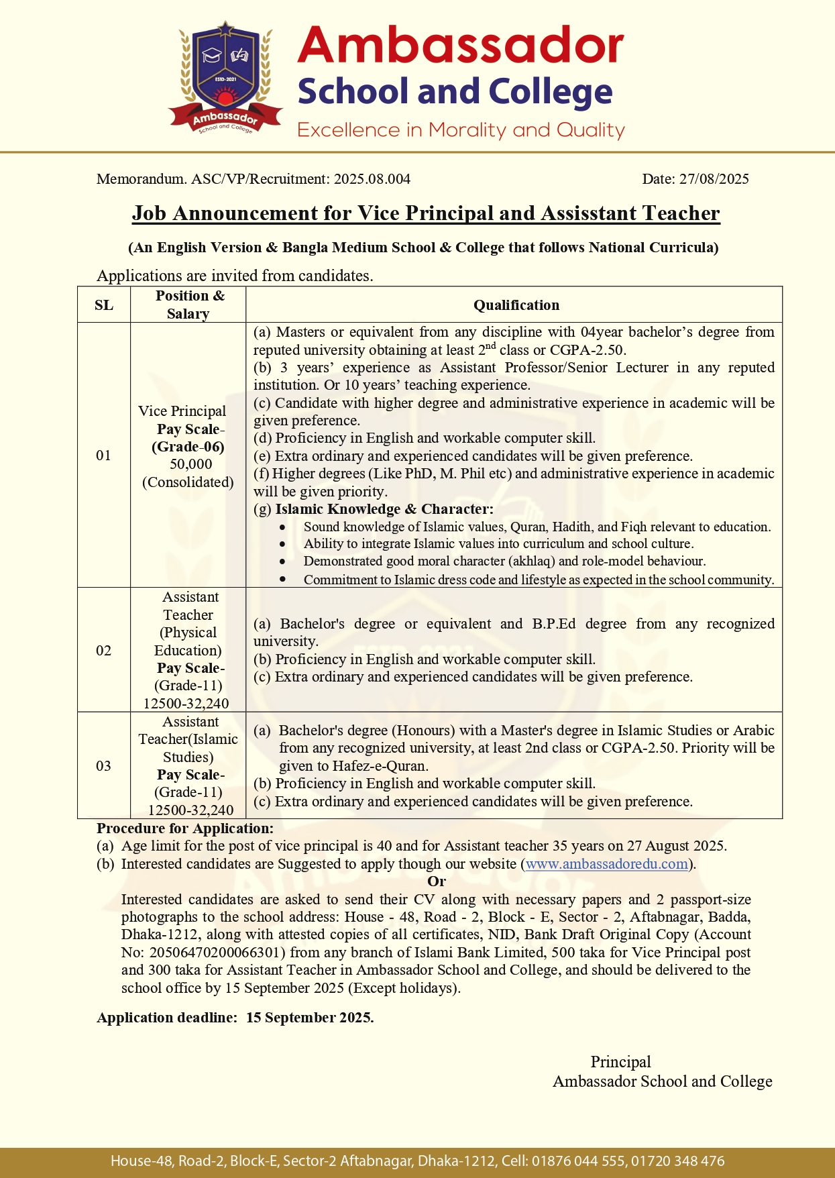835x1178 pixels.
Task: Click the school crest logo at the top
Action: pos(224,78)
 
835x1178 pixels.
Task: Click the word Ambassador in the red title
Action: pos(460,46)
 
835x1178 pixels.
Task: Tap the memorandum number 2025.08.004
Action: pos(372,179)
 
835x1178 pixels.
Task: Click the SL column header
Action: pos(104,305)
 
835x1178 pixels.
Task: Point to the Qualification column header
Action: pos(516,305)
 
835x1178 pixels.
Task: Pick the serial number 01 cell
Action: pos(104,456)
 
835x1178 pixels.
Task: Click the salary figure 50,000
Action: pos(190,464)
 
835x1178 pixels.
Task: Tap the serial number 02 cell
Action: pos(104,651)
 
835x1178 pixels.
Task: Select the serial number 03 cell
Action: pos(104,766)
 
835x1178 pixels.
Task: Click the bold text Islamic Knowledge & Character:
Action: pos(384,509)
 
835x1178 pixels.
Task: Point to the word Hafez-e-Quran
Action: pos(380,766)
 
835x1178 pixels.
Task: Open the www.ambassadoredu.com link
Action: pos(606,864)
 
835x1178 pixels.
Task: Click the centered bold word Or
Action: pos(437,881)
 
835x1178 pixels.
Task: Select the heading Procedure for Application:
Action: pos(185,828)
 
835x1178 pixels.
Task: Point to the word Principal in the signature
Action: pos(620,1062)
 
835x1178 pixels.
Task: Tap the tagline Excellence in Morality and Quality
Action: pos(461,130)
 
